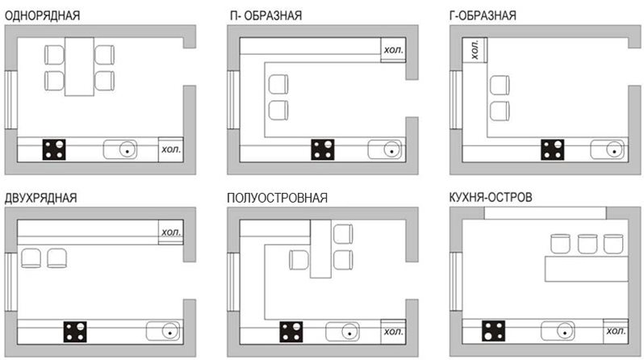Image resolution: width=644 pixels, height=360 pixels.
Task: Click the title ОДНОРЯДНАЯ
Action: [42, 15]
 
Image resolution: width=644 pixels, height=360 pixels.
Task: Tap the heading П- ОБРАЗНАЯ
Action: [266, 15]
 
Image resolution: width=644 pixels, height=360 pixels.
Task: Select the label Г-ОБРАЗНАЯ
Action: [483, 15]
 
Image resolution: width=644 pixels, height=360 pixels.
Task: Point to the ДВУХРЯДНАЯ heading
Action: [40, 198]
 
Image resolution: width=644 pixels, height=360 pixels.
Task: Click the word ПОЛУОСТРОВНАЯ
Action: [278, 198]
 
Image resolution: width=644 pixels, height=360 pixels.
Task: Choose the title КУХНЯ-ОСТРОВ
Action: [491, 197]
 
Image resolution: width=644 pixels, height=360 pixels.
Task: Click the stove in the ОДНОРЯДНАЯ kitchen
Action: [54, 149]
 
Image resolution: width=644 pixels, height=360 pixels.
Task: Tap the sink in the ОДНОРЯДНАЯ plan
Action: [120, 149]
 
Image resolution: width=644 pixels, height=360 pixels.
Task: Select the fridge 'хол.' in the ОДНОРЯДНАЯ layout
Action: [171, 149]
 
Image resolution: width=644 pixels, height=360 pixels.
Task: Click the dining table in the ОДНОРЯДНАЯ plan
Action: [79, 66]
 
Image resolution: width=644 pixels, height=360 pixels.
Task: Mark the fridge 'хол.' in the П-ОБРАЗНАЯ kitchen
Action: [393, 50]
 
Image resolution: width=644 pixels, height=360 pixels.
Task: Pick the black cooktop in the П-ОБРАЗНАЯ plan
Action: [323, 149]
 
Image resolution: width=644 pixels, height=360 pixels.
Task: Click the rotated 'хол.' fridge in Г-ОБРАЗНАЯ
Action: [475, 50]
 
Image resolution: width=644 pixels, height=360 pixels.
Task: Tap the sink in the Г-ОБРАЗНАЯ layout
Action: [608, 149]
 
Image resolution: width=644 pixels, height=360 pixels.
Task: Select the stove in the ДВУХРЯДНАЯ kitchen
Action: [75, 332]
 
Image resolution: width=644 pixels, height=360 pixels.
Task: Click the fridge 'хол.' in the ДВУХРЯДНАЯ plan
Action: [171, 232]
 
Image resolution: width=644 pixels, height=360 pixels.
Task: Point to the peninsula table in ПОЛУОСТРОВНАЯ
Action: [320, 249]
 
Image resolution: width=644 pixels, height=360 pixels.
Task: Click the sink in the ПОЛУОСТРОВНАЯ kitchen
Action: [342, 332]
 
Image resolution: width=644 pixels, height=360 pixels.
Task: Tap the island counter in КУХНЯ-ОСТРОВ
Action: [587, 269]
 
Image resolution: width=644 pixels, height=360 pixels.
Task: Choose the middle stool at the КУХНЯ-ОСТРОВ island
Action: [588, 244]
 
